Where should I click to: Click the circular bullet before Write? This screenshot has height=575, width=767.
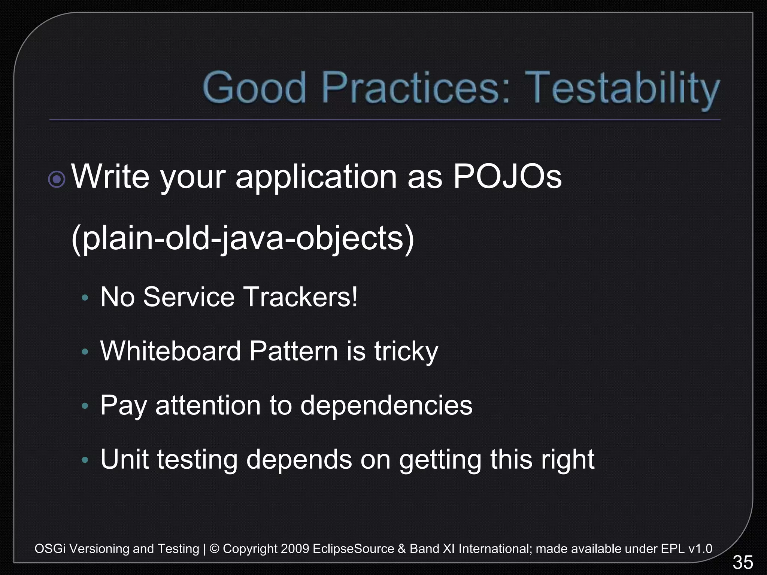(57, 180)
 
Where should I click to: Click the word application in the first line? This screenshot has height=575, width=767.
(316, 177)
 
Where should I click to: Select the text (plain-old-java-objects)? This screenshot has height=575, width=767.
(243, 238)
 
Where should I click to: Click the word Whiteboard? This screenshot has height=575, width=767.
(170, 351)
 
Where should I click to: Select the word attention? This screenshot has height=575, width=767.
(208, 405)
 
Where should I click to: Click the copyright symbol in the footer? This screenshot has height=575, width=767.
(215, 549)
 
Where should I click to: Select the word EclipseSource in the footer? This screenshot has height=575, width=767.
(353, 549)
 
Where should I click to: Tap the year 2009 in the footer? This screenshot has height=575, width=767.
(295, 549)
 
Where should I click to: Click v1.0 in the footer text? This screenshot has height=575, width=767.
(700, 549)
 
